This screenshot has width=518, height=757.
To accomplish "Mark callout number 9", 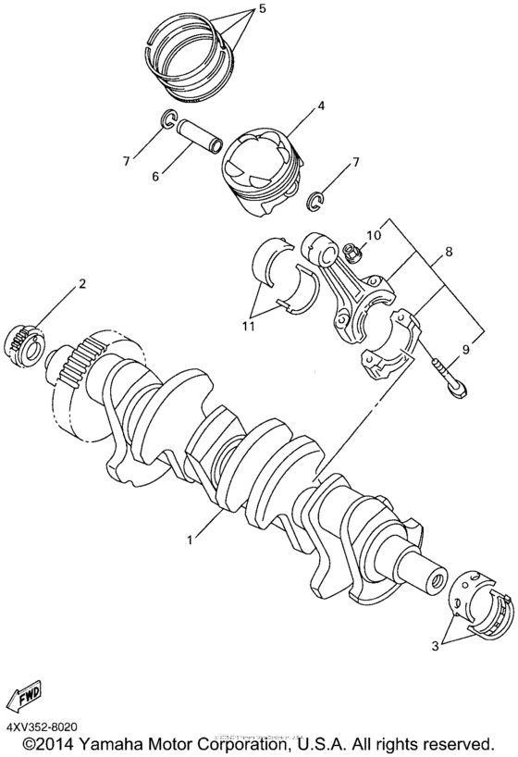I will [x=464, y=350].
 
